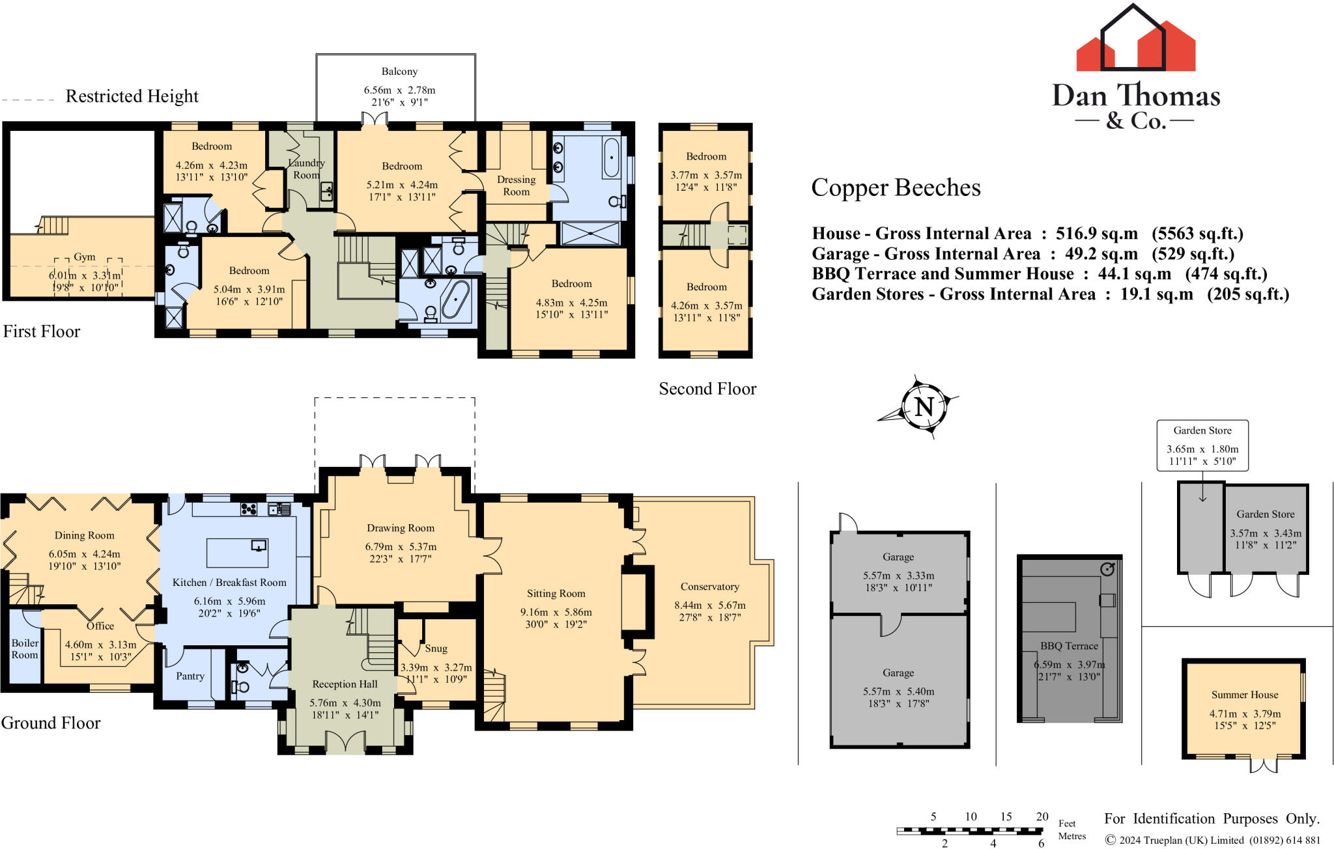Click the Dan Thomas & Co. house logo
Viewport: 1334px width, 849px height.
pos(1135,39)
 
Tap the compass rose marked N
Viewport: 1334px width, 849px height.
pos(924,407)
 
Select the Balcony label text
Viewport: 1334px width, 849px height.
pos(399,72)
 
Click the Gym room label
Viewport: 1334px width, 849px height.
pos(85,257)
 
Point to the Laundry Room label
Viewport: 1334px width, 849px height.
pos(306,169)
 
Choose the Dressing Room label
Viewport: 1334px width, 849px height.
pos(516,186)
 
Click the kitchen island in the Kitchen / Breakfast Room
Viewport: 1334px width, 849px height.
pos(237,553)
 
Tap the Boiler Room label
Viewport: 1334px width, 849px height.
pos(25,648)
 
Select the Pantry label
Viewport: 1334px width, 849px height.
pos(190,676)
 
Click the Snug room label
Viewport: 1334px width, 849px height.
pos(436,648)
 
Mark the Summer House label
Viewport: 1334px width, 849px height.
pos(1244,695)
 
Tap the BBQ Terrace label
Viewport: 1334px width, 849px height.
pos(1069,646)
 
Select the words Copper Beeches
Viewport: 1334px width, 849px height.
pos(896,188)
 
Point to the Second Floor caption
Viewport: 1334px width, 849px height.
pos(707,389)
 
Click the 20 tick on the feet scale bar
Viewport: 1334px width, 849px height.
pos(1042,816)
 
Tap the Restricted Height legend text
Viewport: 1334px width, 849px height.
pos(132,96)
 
